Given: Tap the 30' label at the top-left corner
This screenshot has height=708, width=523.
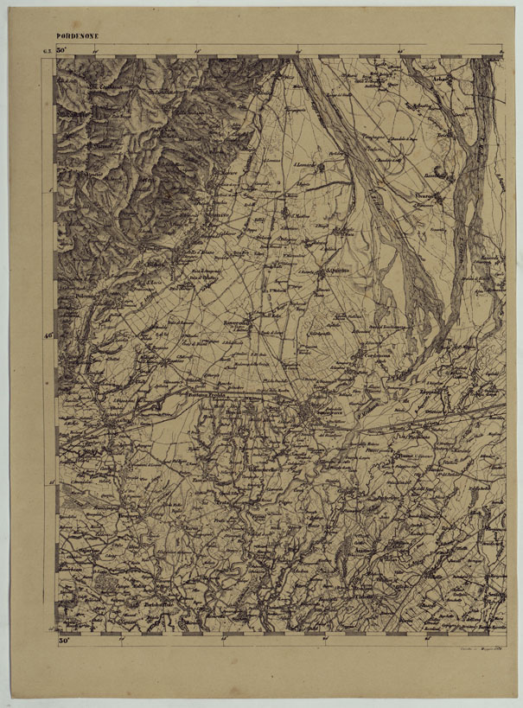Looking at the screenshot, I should point(61,53).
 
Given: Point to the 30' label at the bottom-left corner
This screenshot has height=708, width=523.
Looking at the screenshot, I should point(64,641).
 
